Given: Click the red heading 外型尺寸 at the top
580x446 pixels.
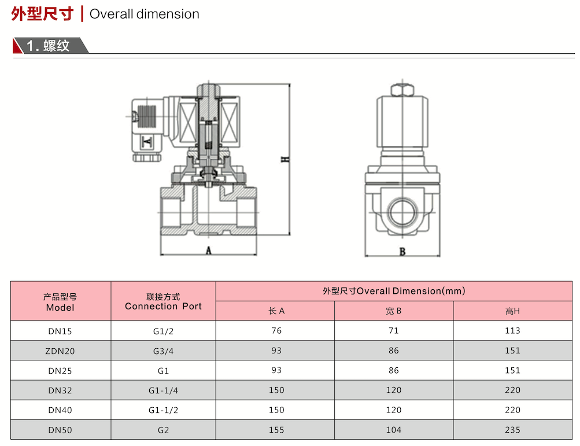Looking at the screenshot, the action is coord(42,14).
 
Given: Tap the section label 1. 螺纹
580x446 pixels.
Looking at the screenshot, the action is coord(48,46).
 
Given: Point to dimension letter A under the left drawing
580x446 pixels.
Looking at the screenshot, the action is coord(209,250).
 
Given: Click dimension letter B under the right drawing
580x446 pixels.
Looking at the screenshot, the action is coord(402,252).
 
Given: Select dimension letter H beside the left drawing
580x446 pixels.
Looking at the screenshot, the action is coord(285,159).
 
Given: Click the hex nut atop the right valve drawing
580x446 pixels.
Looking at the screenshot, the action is coord(402,90).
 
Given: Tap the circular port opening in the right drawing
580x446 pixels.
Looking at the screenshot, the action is coord(403,212).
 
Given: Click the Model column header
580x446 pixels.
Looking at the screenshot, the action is coord(60,302).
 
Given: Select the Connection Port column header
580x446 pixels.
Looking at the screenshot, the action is coord(163,301).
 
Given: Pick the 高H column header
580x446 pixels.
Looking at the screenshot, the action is coord(512,311).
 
